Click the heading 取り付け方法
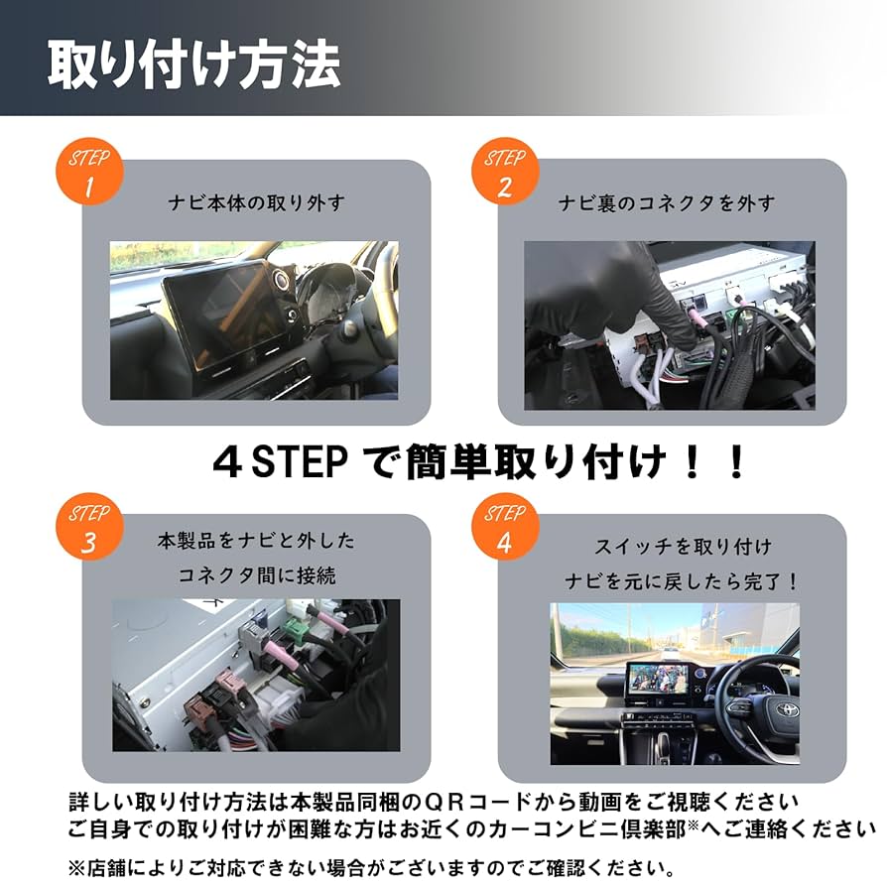[194, 65]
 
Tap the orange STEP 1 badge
[89, 173]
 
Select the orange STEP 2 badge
[505, 173]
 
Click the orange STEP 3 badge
[89, 529]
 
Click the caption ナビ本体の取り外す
[256, 203]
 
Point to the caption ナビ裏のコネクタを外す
[666, 203]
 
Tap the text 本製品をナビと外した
[256, 542]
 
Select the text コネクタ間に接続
[256, 575]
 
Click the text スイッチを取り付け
[683, 547]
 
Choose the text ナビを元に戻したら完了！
[683, 580]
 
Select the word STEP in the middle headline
[293, 462]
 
